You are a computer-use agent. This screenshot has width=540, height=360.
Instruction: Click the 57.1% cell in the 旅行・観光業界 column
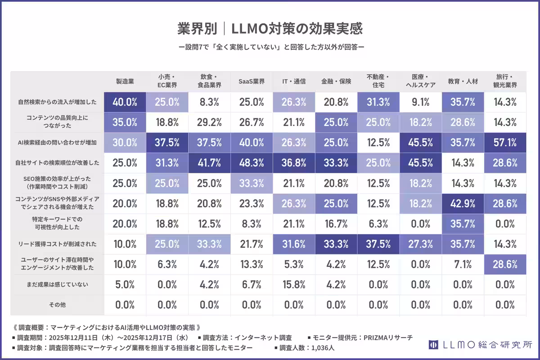(x=505, y=143)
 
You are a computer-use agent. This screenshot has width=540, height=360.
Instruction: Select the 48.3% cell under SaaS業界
(x=252, y=163)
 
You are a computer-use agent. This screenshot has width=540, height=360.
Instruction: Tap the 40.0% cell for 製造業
(x=125, y=102)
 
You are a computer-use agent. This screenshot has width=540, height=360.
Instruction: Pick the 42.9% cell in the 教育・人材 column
(x=463, y=203)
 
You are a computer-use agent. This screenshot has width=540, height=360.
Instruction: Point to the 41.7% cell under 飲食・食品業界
(x=209, y=163)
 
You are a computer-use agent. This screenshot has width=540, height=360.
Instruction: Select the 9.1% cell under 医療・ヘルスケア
(x=420, y=102)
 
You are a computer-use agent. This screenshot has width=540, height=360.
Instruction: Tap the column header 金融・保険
(x=336, y=81)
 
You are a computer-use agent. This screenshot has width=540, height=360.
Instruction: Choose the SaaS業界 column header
(x=252, y=81)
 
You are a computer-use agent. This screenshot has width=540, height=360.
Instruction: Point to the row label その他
(x=57, y=305)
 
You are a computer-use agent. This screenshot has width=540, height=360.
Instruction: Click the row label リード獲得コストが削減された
(x=57, y=244)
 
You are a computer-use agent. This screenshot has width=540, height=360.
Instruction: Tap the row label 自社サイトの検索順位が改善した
(x=57, y=163)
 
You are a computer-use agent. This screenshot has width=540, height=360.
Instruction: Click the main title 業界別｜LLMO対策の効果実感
(x=270, y=29)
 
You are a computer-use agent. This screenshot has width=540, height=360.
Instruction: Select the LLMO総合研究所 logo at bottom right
(x=481, y=345)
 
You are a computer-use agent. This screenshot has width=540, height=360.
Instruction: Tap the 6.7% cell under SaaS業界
(x=252, y=284)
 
